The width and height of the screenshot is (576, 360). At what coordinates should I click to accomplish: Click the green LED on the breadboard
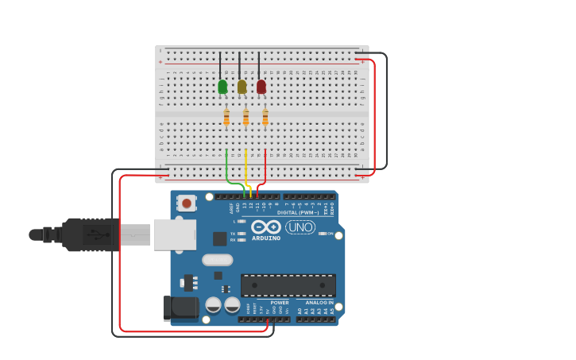pyautogui.click(x=222, y=86)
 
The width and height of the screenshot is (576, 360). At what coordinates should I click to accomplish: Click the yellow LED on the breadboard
pyautogui.click(x=242, y=86)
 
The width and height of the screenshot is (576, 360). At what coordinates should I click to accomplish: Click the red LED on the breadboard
pyautogui.click(x=261, y=86)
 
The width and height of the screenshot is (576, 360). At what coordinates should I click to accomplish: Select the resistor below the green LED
pyautogui.click(x=226, y=117)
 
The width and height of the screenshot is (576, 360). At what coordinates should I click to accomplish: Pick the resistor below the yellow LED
pyautogui.click(x=245, y=117)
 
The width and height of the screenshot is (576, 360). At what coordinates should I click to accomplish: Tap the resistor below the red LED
pyautogui.click(x=265, y=117)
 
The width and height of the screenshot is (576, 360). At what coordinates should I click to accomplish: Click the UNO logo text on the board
pyautogui.click(x=300, y=227)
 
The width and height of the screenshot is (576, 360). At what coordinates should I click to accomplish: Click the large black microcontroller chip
pyautogui.click(x=288, y=285)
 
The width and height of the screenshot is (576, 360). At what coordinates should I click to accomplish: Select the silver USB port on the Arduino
pyautogui.click(x=174, y=234)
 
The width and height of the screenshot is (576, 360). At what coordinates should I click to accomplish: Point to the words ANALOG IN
pyautogui.click(x=319, y=303)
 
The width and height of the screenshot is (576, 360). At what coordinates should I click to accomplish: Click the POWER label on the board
pyautogui.click(x=280, y=303)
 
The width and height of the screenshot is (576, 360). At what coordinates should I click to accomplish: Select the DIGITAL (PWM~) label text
pyautogui.click(x=298, y=212)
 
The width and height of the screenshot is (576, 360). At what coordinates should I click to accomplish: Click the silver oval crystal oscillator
pyautogui.click(x=217, y=260)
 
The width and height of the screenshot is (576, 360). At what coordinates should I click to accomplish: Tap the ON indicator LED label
pyautogui.click(x=330, y=234)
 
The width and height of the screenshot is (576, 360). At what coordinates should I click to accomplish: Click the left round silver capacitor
pyautogui.click(x=213, y=304)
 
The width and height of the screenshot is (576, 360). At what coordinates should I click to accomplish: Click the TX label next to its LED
pyautogui.click(x=233, y=234)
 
